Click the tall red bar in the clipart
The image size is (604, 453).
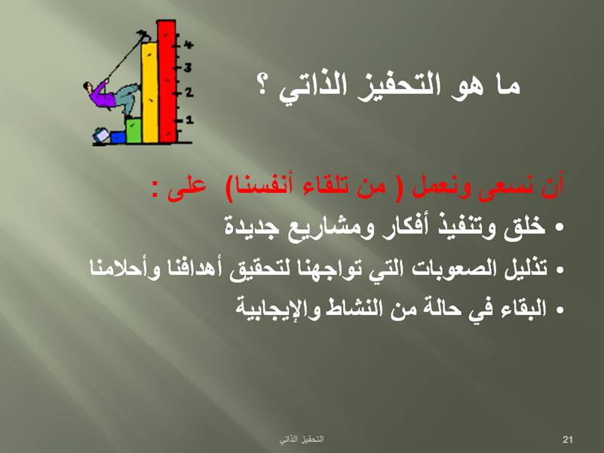click(167, 81)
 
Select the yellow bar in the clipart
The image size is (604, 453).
click(149, 93)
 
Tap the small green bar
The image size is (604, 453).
click(133, 130)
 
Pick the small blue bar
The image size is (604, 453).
click(118, 137)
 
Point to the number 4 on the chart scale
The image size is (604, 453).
click(188, 44)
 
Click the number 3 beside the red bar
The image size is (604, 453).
click(188, 68)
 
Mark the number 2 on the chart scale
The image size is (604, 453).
click(189, 93)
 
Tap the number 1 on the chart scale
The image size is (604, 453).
click(189, 120)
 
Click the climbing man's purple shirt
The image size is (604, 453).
click(102, 96)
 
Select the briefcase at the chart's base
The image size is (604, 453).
click(101, 135)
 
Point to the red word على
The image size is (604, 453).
click(186, 188)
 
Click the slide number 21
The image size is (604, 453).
click(567, 439)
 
